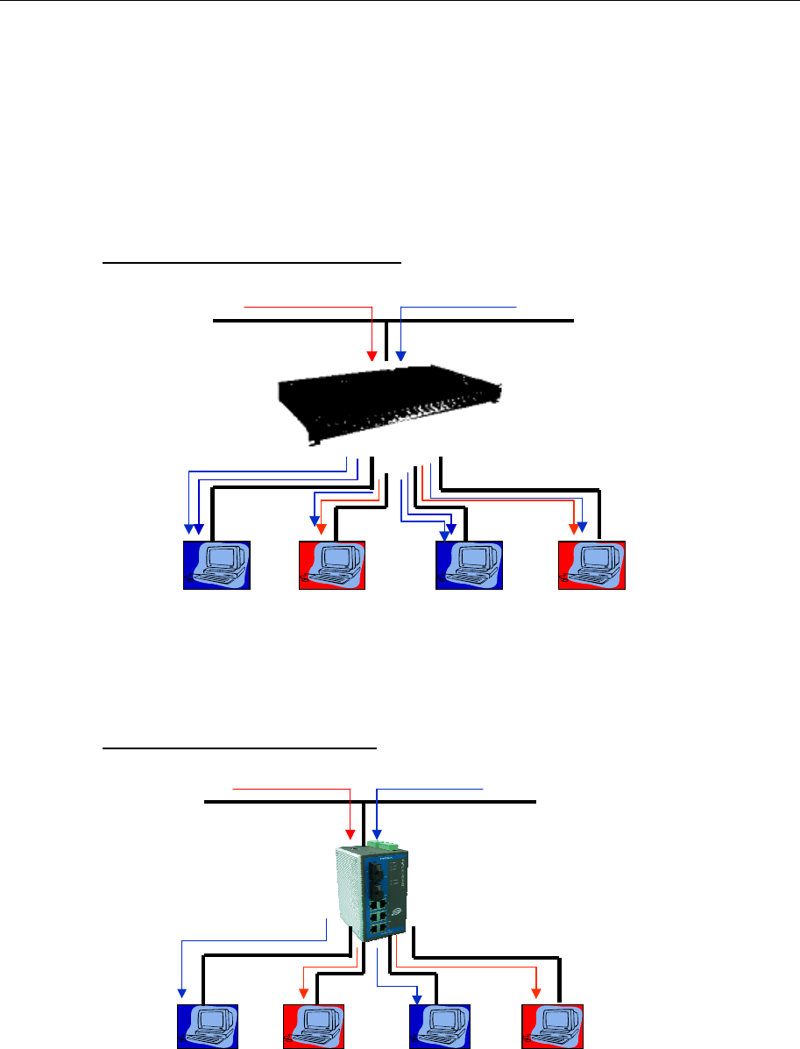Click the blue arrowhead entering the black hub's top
[400, 355]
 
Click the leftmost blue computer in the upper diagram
[216, 565]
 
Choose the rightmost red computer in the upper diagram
[592, 565]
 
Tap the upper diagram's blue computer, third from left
[470, 565]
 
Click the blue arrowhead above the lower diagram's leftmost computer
[182, 994]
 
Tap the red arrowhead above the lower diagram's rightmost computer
[535, 994]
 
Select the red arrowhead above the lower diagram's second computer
[303, 994]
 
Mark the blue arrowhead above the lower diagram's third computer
[418, 994]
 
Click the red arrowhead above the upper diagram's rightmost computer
[573, 529]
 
